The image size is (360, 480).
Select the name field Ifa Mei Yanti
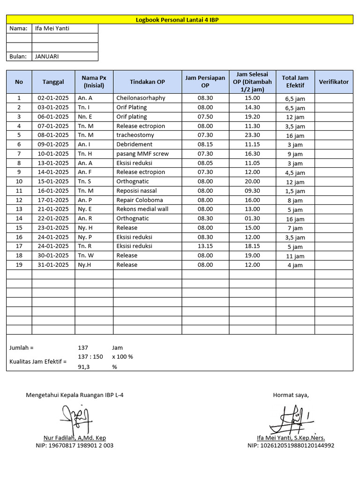pyautogui.click(x=52, y=29)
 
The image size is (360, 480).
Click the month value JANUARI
pyautogui.click(x=47, y=56)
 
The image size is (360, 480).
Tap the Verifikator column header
pyautogui.click(x=334, y=82)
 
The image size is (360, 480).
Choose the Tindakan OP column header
pyautogui.click(x=147, y=82)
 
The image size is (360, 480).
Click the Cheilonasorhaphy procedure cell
pyautogui.click(x=141, y=98)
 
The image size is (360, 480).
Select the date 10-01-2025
pyautogui.click(x=53, y=154)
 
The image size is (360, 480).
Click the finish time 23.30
pyautogui.click(x=252, y=135)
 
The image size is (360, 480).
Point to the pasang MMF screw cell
pyautogui.click(x=142, y=154)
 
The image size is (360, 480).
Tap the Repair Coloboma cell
pyautogui.click(x=139, y=200)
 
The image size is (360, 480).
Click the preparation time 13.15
pyautogui.click(x=205, y=246)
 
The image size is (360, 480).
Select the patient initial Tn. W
pyautogui.click(x=86, y=255)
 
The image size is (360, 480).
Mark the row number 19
pyautogui.click(x=19, y=265)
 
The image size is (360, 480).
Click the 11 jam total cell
pyautogui.click(x=295, y=256)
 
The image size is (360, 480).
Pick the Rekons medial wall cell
pyautogui.click(x=142, y=209)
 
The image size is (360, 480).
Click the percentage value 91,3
pyautogui.click(x=83, y=367)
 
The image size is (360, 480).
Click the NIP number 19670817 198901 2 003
pyautogui.click(x=74, y=445)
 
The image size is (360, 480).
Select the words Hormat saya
pyautogui.click(x=291, y=395)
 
